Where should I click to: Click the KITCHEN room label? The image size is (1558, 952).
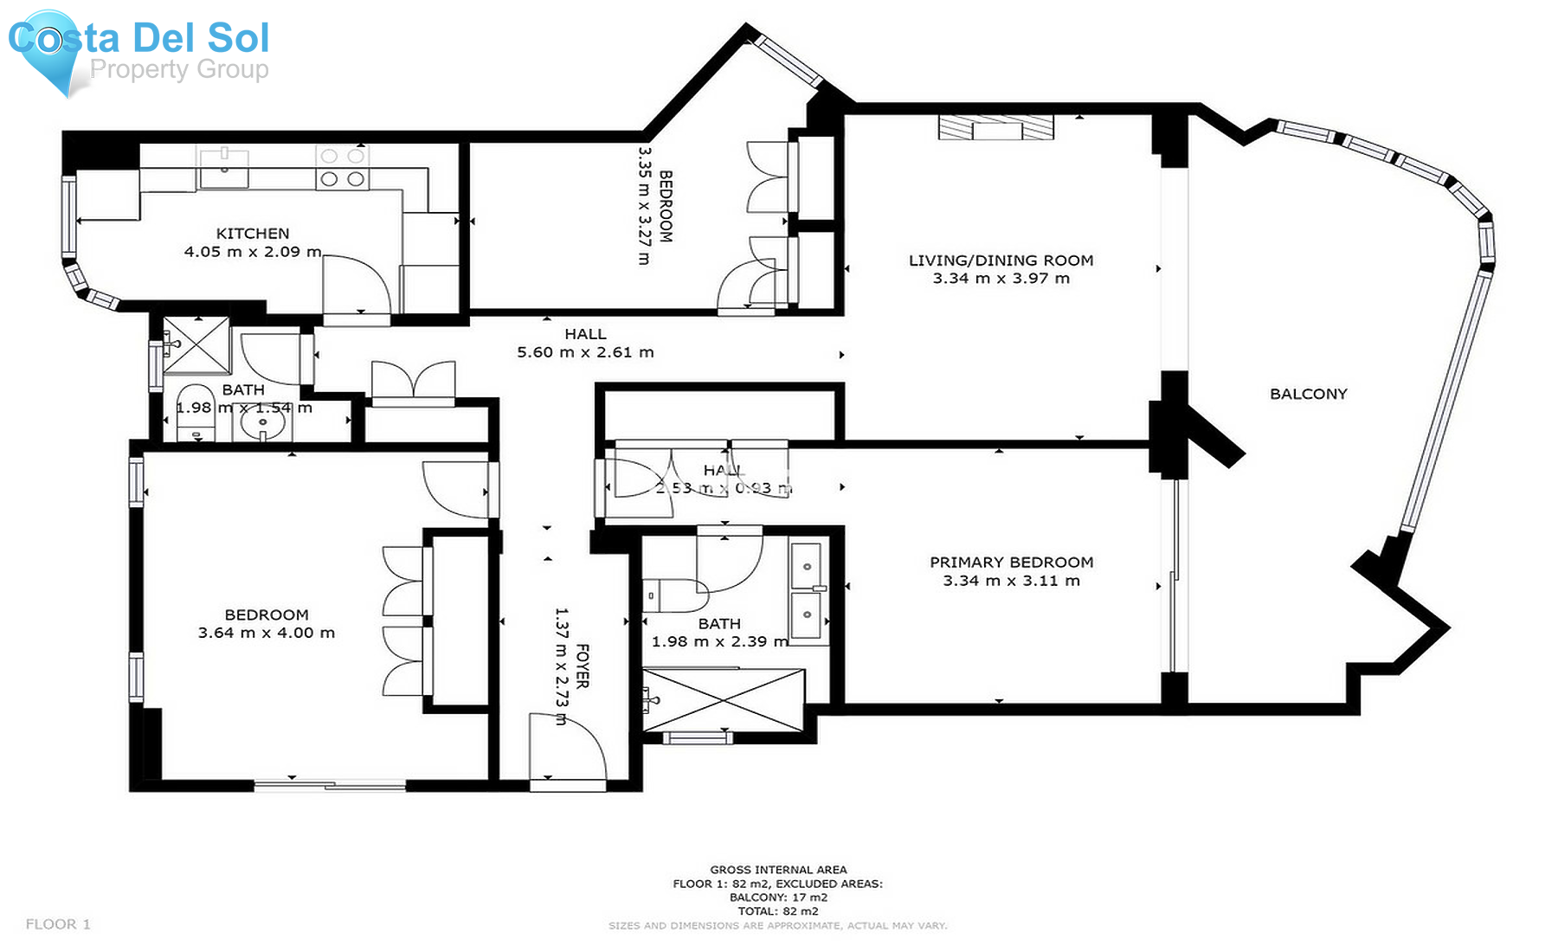point(252,234)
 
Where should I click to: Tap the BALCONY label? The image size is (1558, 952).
point(1308,394)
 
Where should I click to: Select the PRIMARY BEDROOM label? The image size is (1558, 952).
point(1011,563)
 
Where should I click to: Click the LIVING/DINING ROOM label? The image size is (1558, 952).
point(1001,261)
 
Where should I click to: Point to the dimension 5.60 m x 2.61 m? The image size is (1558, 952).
point(585,352)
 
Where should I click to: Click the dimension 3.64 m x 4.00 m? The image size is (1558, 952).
point(266,633)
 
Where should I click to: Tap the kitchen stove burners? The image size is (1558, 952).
point(342,168)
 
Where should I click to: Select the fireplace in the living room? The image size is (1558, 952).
point(996,127)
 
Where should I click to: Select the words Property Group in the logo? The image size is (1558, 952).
point(179,69)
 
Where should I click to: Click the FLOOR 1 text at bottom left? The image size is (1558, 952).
point(58,924)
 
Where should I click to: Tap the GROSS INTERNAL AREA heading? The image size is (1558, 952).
point(778,870)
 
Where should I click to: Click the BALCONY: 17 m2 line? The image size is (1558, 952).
point(778,897)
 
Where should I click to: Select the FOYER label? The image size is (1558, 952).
point(583,666)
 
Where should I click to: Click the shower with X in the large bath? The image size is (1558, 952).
point(724,699)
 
